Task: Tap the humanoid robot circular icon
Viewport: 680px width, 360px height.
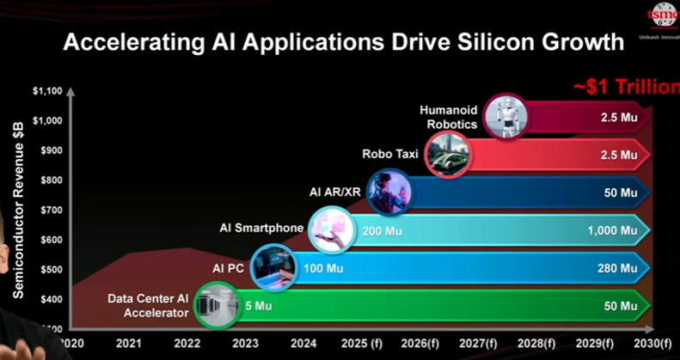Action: coord(505,117)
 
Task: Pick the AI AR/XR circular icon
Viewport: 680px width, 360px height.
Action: coord(389,192)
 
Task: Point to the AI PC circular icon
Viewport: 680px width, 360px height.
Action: coord(273,267)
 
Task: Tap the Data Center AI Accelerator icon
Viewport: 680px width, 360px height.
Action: coord(214,305)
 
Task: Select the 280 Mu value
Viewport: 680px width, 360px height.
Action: coord(617,268)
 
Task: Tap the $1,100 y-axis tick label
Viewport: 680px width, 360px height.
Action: coord(47,91)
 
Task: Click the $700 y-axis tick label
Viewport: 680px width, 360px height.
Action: coord(51,210)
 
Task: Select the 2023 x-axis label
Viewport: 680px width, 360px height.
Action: coord(246,344)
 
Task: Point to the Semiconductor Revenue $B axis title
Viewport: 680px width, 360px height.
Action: coord(18,210)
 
